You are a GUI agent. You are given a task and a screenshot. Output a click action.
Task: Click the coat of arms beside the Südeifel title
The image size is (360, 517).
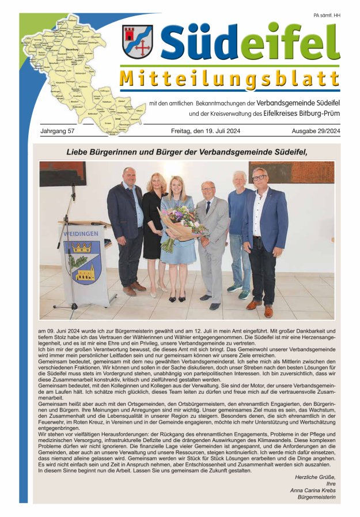(x=137, y=41)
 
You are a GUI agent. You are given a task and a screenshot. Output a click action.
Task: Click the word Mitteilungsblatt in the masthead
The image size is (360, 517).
(x=230, y=79)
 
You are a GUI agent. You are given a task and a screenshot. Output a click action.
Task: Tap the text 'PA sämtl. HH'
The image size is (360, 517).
(x=327, y=15)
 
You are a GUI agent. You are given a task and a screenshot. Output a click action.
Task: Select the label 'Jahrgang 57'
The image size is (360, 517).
(x=58, y=131)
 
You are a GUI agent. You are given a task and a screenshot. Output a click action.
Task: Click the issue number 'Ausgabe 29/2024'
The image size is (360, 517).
(x=316, y=131)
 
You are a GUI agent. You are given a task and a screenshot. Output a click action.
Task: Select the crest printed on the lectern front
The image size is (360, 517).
(x=81, y=263)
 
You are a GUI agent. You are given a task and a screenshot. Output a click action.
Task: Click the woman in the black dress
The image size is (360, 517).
(x=154, y=225)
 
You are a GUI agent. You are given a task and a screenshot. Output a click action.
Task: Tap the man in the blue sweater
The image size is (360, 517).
(x=238, y=231)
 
